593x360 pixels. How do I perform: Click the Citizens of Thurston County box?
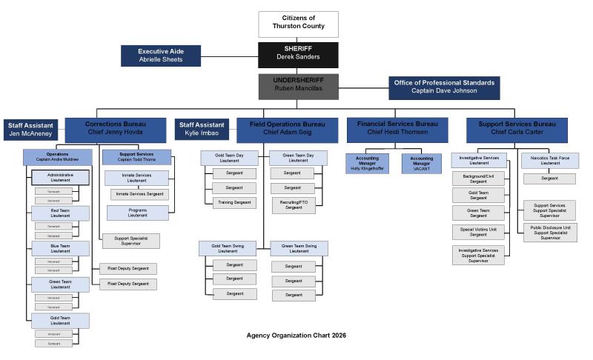tap(298, 24)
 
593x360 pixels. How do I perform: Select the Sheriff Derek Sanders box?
tap(298, 53)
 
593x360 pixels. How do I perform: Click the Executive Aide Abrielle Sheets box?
tap(161, 56)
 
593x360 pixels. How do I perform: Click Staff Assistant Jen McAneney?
tap(31, 130)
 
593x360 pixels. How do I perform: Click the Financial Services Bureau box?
tap(397, 129)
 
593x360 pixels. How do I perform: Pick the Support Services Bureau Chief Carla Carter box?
tap(517, 129)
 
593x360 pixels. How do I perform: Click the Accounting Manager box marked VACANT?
tap(422, 163)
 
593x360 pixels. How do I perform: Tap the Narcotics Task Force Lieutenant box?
tap(549, 160)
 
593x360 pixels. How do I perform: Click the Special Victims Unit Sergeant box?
tap(478, 232)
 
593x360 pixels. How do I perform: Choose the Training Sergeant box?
tap(234, 202)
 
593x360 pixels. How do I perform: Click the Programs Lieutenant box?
tap(137, 213)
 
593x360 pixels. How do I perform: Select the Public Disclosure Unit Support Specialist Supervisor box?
tap(549, 232)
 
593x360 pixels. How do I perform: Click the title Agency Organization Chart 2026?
tap(296, 336)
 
